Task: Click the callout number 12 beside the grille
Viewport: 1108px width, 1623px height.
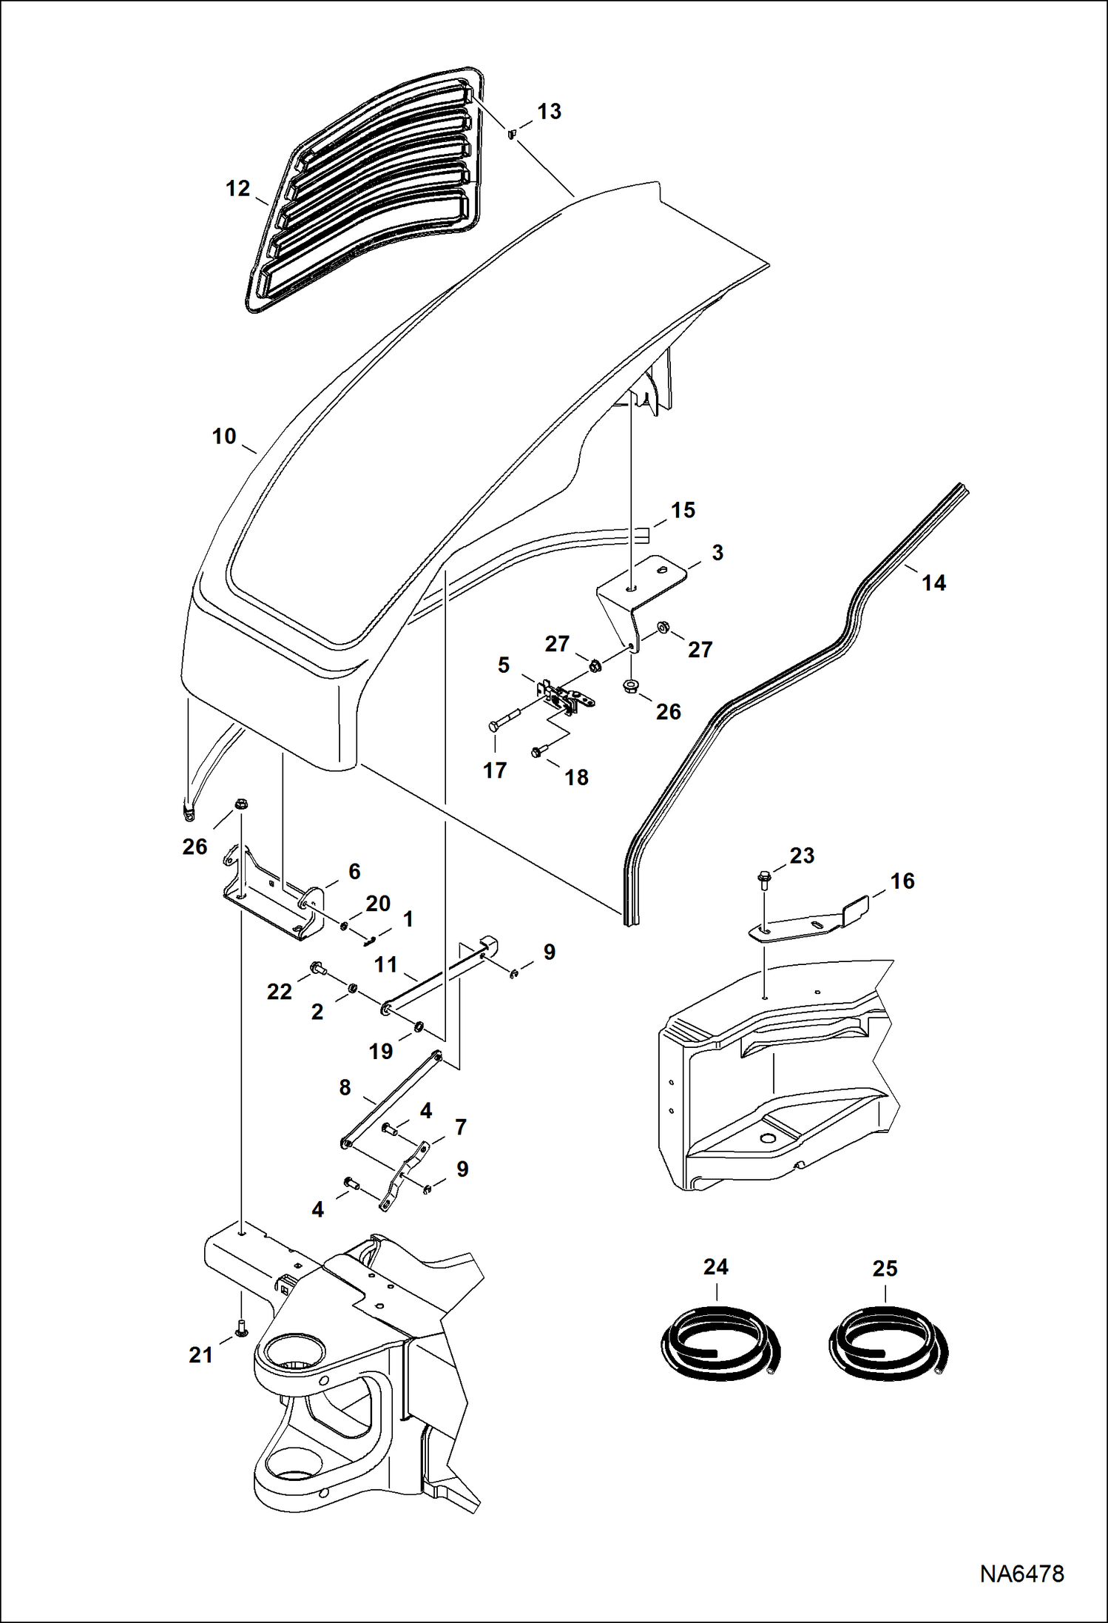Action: point(237,189)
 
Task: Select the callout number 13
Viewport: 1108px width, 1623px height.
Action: point(549,112)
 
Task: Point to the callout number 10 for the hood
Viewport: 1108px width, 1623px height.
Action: point(223,437)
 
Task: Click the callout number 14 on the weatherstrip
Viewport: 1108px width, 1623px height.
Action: point(933,583)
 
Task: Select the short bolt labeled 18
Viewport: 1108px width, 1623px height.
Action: point(538,752)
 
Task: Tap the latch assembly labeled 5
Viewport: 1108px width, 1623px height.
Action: point(566,696)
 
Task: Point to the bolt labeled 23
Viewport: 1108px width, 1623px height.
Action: point(763,880)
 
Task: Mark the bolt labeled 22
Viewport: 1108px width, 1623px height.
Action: point(319,967)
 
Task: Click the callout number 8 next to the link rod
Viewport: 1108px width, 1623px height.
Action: point(345,1088)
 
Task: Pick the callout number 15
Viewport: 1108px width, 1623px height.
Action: point(683,511)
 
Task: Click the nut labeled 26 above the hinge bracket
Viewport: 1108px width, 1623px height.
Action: point(240,804)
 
